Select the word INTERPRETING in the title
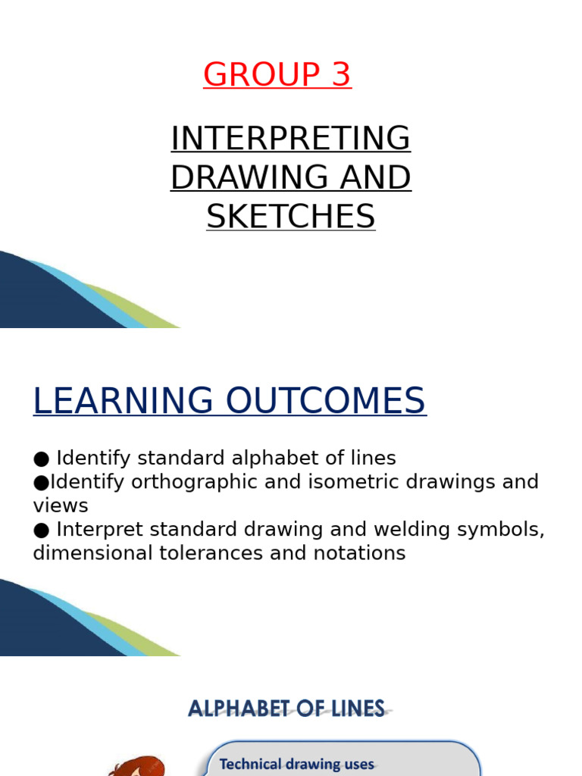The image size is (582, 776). tap(291, 139)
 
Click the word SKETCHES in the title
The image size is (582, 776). tap(291, 217)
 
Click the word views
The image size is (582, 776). tap(61, 505)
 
